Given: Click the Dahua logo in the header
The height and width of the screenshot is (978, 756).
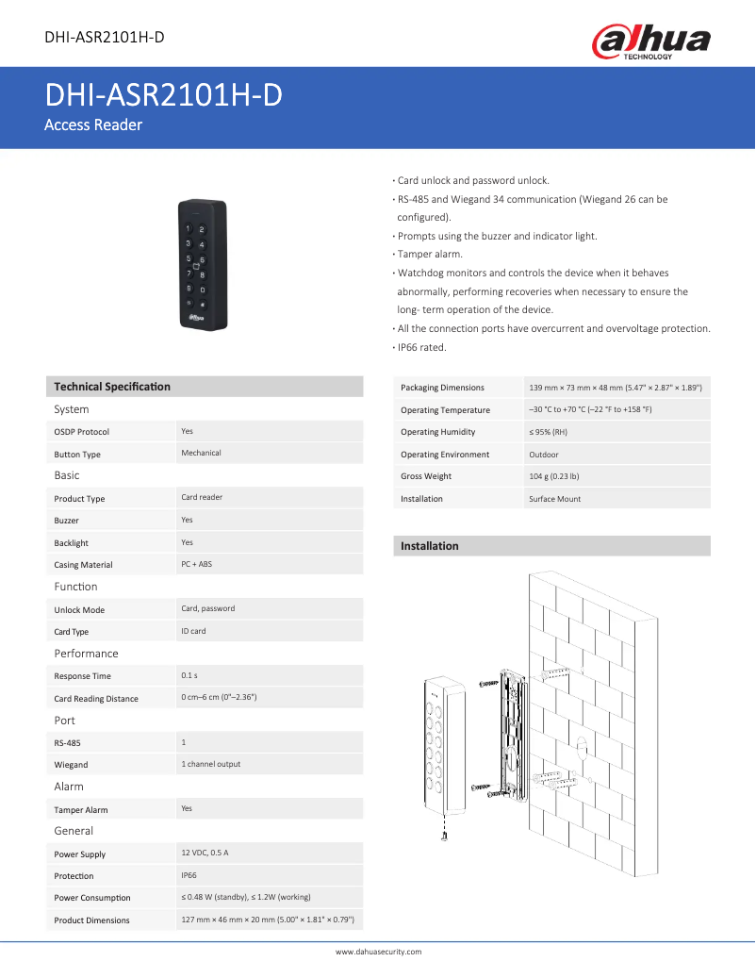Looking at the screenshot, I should tap(650, 41).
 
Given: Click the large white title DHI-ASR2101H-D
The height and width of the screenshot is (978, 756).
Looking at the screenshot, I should tap(164, 96).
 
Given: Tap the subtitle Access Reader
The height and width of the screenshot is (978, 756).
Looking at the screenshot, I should tap(93, 125).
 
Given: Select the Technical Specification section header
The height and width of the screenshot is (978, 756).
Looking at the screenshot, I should tap(112, 387).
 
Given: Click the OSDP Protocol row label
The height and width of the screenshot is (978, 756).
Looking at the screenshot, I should tap(82, 432).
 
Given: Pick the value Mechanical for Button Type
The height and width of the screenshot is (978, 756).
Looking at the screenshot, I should tap(201, 454).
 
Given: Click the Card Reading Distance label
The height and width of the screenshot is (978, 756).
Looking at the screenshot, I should tap(96, 699).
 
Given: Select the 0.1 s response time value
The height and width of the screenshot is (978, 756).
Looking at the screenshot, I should tap(189, 676).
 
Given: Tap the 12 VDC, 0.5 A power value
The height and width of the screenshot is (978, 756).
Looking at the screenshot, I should tap(205, 854).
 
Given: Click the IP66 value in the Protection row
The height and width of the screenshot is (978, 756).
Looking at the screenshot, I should tap(189, 876).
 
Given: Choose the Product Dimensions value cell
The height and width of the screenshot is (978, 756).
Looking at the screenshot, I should tap(267, 920).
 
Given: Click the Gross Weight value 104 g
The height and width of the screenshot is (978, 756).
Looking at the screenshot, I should tap(554, 476).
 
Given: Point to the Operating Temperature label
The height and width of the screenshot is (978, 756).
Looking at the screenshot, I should tap(445, 410).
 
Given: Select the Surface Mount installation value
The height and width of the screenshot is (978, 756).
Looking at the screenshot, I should tap(555, 499).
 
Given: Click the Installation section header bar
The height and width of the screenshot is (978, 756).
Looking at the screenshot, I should tap(551, 546).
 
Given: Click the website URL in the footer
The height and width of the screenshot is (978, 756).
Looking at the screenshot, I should tap(378, 953).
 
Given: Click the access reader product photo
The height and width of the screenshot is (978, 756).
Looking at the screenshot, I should tap(205, 263).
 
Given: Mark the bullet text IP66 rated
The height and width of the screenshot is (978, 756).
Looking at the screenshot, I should tap(421, 347).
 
